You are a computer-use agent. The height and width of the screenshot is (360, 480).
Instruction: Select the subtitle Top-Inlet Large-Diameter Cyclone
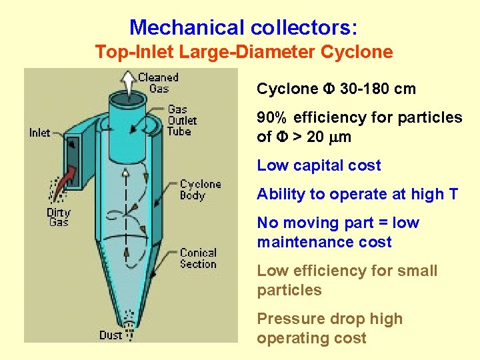243,51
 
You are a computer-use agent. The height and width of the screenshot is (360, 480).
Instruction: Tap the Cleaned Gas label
159,83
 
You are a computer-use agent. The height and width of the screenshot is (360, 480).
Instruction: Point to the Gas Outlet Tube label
182,120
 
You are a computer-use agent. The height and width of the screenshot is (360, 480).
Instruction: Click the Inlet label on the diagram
40,133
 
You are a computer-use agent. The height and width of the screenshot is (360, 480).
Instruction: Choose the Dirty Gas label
59,217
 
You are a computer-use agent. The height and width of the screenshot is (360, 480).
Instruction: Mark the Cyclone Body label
200,189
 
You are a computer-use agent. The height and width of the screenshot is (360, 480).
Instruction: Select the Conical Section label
198,258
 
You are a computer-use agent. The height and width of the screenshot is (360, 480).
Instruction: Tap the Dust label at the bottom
111,335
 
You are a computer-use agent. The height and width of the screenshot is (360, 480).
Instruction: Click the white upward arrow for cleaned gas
127,83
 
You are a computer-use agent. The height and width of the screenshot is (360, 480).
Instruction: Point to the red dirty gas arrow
65,181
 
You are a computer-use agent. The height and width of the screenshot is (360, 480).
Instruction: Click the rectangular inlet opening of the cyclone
74,160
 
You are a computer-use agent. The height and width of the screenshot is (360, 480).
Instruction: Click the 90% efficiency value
273,118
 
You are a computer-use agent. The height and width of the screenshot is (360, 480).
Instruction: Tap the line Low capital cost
319,165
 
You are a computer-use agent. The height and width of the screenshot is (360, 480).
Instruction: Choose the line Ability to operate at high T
357,194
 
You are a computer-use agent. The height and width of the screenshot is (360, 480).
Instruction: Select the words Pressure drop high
329,319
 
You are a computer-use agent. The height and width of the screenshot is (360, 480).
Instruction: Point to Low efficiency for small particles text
347,280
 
